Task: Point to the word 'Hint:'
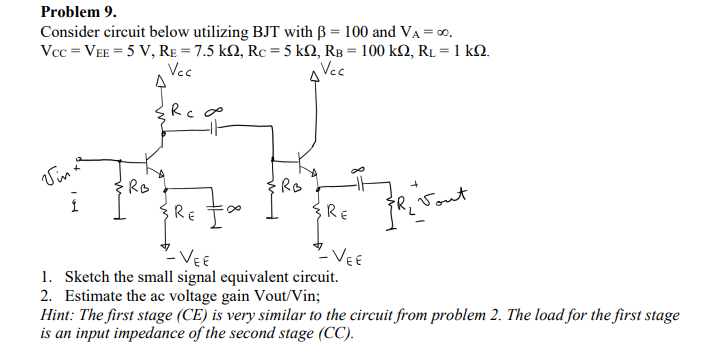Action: [58, 314]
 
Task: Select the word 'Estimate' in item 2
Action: [96, 295]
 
